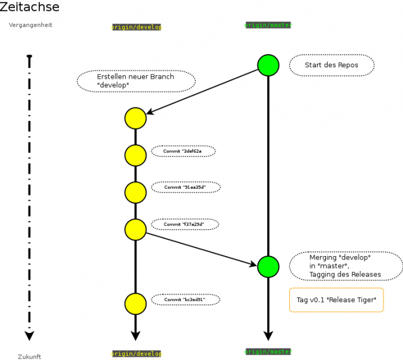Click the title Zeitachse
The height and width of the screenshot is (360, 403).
click(29, 7)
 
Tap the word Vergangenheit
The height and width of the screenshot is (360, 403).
click(30, 25)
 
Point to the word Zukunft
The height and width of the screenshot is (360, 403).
click(29, 356)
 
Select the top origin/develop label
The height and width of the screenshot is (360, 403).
click(137, 27)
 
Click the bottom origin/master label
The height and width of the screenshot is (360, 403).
click(268, 351)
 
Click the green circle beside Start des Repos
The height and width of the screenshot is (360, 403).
click(268, 65)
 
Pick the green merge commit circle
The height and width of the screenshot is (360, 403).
click(268, 266)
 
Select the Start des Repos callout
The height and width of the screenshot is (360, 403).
click(331, 65)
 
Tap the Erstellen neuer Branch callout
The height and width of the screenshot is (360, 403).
click(136, 81)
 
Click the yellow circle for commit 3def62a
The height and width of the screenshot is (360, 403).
click(135, 155)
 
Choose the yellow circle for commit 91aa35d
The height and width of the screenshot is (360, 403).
click(135, 192)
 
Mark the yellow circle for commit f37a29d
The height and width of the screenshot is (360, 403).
click(135, 229)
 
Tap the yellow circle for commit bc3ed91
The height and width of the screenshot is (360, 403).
click(135, 304)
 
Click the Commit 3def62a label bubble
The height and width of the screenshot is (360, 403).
click(183, 151)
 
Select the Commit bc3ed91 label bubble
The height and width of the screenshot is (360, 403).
click(185, 299)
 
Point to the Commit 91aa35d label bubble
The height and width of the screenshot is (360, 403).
click(185, 188)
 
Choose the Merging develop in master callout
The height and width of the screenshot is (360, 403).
click(346, 266)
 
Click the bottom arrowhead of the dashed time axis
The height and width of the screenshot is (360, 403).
click(29, 335)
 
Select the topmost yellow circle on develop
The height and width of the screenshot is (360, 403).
click(135, 118)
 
